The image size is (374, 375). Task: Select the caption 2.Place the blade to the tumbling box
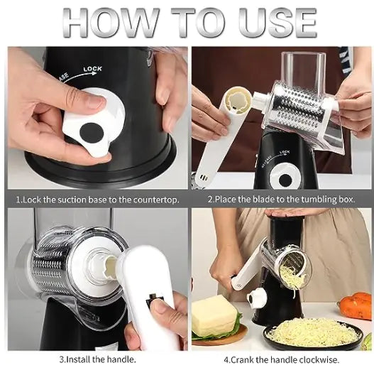click(281, 200)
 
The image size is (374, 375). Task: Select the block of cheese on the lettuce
click(214, 315)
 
